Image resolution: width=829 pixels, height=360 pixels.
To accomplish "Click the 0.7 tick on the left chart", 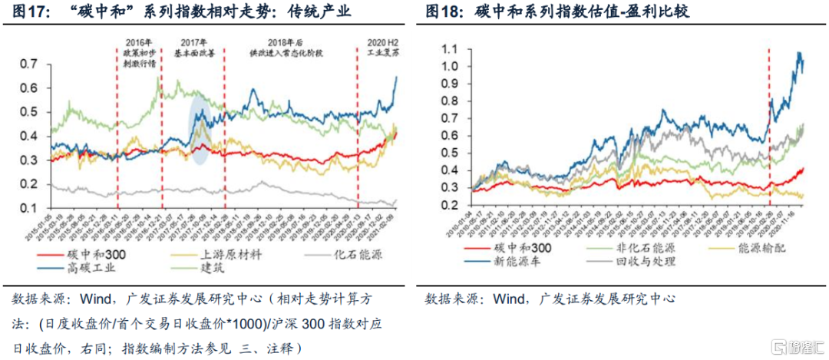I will click(x=28, y=64).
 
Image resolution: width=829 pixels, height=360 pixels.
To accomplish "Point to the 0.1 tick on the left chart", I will click(x=28, y=208).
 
